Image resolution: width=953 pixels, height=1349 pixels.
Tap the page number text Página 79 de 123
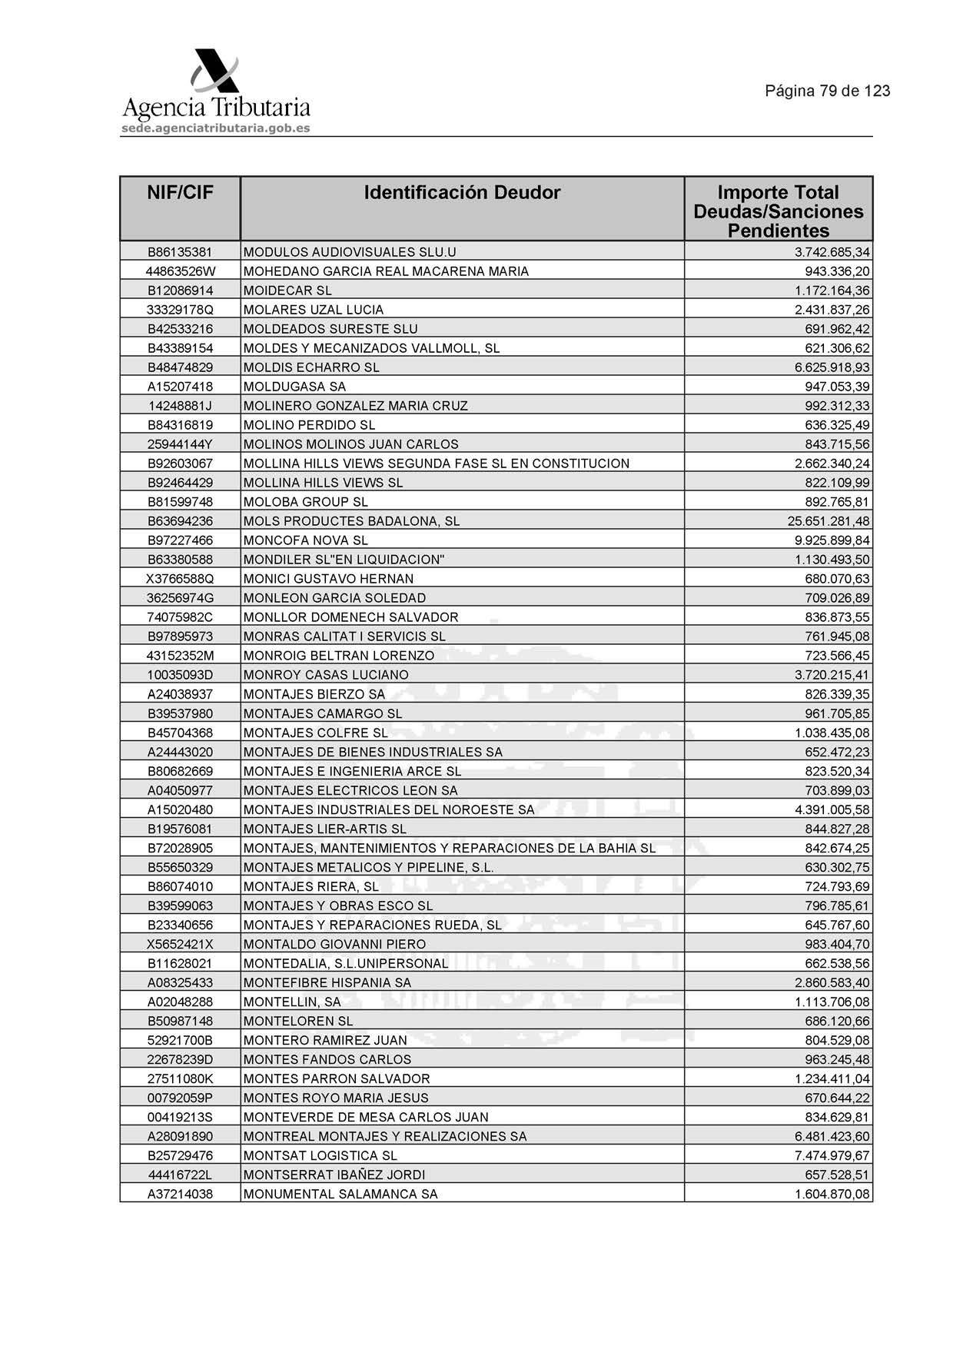click(827, 91)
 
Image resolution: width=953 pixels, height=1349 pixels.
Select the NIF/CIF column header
click(180, 193)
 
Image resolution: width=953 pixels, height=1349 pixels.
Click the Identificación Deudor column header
click(462, 193)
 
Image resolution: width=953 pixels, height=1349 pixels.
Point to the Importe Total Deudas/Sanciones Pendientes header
click(778, 211)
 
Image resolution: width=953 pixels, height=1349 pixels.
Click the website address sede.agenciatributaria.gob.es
click(216, 128)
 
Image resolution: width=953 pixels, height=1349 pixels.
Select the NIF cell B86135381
click(180, 252)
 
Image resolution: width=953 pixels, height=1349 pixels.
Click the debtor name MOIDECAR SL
click(287, 291)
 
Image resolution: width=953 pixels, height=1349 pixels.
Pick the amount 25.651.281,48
click(828, 521)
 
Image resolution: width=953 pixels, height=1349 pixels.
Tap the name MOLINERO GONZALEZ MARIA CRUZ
click(355, 406)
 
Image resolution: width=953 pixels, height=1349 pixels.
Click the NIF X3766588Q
click(180, 579)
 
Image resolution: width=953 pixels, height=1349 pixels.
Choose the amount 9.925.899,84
click(832, 540)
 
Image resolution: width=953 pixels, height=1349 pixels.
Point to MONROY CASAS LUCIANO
click(326, 675)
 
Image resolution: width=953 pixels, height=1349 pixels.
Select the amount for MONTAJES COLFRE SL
click(832, 733)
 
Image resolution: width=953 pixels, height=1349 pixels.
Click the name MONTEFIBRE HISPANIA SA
click(327, 982)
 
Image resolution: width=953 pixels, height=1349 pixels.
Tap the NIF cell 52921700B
click(180, 1040)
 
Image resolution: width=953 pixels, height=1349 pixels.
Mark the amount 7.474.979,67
click(832, 1155)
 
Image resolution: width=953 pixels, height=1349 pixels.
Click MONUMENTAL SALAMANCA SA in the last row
click(340, 1194)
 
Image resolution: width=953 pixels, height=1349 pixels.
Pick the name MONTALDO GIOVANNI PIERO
click(334, 944)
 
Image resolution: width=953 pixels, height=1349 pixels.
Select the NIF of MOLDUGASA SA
click(180, 387)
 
